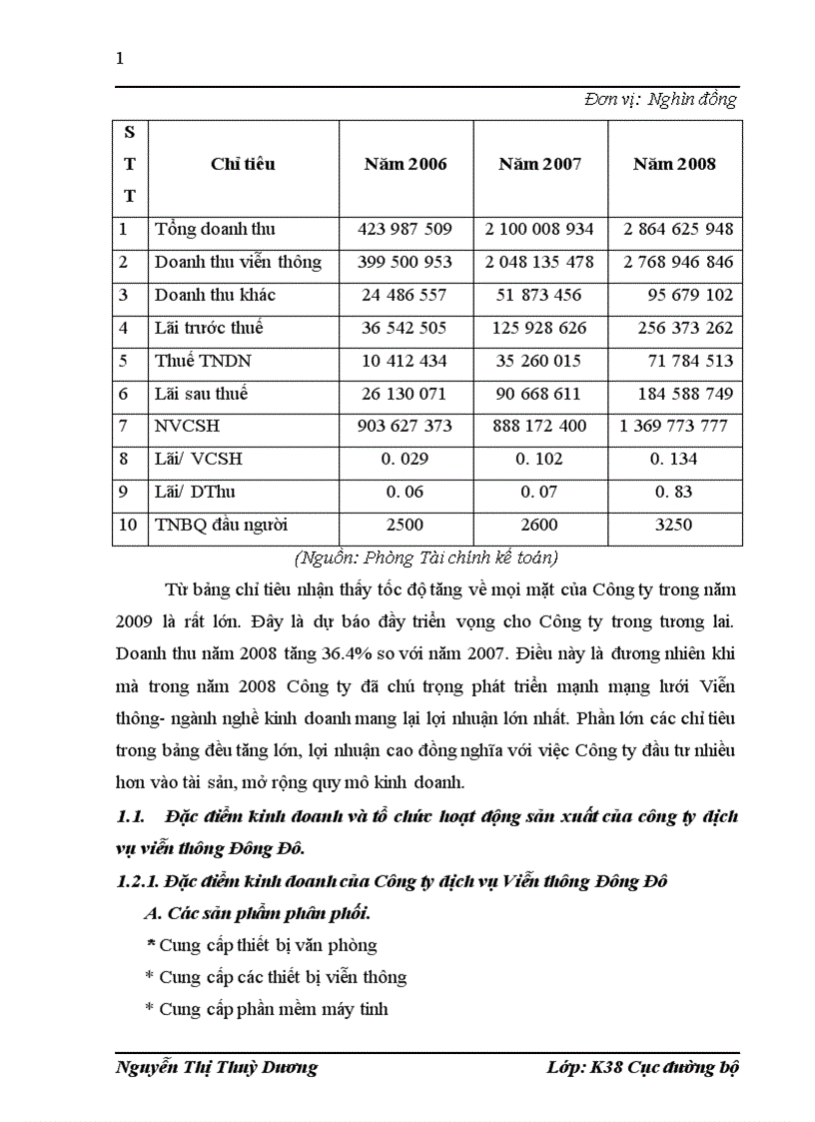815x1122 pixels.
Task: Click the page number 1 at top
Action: click(120, 58)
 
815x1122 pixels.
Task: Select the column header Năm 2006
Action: click(405, 164)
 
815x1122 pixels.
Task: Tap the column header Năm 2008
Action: click(674, 164)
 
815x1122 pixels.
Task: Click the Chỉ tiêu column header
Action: click(243, 164)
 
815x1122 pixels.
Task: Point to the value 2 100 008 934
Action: click(539, 229)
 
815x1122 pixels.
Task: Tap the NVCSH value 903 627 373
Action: click(405, 427)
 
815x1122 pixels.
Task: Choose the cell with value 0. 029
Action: click(405, 460)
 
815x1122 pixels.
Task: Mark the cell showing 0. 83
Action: click(674, 493)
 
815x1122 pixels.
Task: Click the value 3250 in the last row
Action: click(674, 525)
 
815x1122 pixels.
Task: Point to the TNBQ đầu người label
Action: click(222, 525)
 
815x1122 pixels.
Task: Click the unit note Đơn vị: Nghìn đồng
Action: click(660, 99)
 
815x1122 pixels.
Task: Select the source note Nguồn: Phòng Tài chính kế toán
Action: click(426, 558)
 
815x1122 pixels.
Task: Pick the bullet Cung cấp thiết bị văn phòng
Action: click(262, 944)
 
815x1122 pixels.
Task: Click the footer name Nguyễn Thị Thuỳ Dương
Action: click(217, 1067)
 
